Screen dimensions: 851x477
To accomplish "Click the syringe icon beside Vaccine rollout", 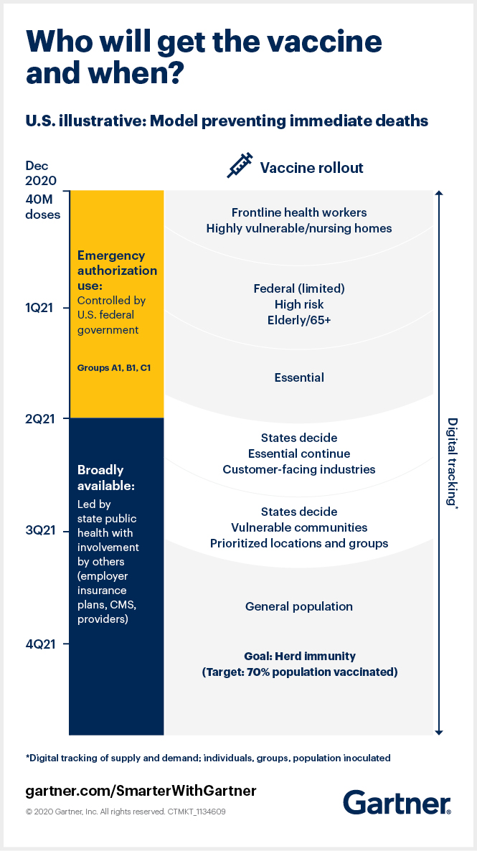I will click(x=240, y=166).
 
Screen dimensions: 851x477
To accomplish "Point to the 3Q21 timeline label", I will click(x=39, y=531).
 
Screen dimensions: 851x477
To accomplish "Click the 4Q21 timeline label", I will click(x=39, y=644).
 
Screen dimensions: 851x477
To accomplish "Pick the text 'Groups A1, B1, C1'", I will click(x=114, y=367).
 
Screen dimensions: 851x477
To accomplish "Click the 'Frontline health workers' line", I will click(x=299, y=212).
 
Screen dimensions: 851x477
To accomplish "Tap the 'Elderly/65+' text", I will click(x=299, y=320).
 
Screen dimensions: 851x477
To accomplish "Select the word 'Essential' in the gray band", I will click(x=299, y=377).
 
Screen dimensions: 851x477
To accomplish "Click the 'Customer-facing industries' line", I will click(x=299, y=469).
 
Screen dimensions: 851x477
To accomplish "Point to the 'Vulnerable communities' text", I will click(x=299, y=527).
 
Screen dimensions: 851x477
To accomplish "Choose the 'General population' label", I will click(x=299, y=606).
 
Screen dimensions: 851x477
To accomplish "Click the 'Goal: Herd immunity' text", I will click(x=299, y=656).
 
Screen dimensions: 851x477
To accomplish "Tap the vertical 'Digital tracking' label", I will click(x=453, y=462).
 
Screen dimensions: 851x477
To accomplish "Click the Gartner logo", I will click(x=397, y=801).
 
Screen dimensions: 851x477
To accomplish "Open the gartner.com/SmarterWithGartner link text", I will click(x=141, y=791).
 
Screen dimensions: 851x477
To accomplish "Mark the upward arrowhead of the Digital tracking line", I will click(x=439, y=194).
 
